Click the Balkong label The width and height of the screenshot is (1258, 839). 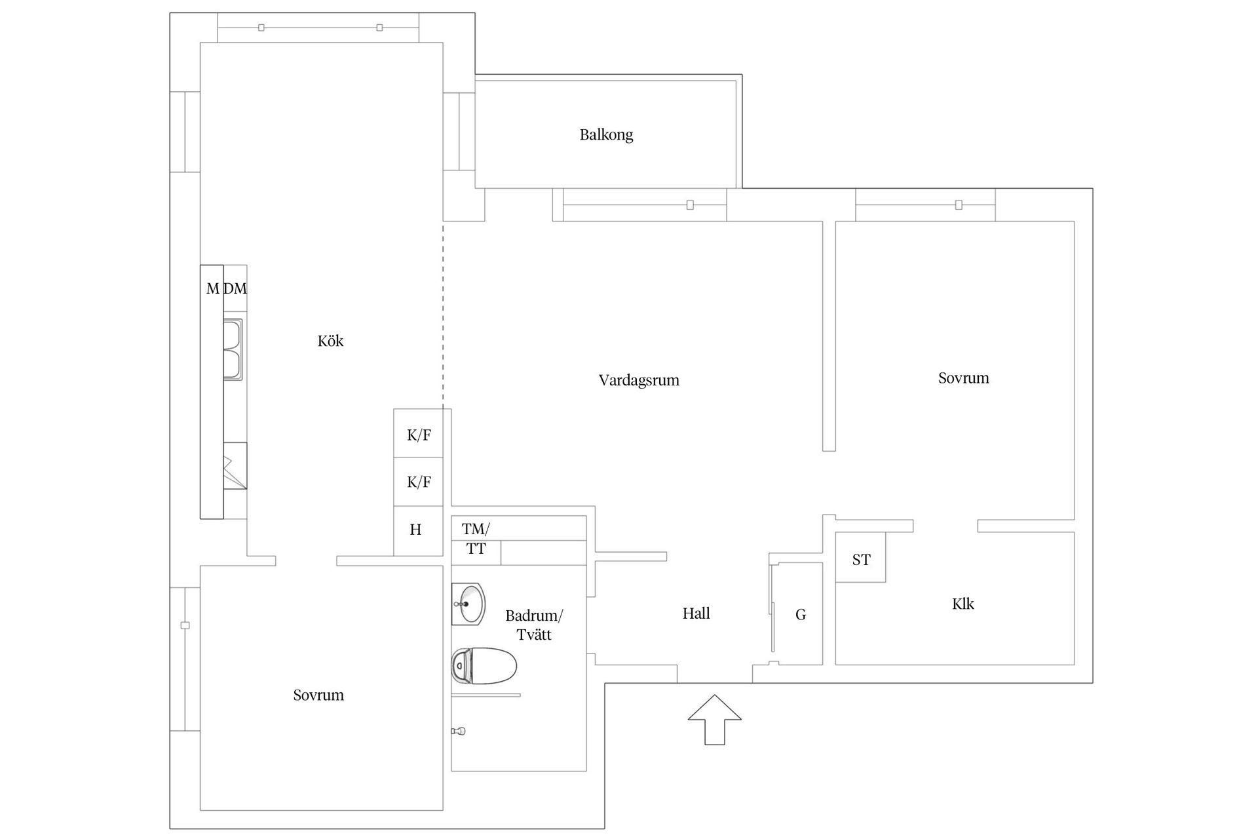[606, 135]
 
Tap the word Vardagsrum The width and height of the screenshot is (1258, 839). [639, 380]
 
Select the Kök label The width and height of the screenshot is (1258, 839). [330, 341]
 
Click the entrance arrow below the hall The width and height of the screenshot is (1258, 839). [714, 719]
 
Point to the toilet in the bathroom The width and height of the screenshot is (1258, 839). [485, 665]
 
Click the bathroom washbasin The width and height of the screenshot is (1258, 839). [469, 604]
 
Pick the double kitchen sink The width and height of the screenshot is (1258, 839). [233, 349]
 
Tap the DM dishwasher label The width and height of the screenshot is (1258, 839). [235, 288]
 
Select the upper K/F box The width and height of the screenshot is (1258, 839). [419, 435]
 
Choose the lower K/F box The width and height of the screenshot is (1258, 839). [419, 482]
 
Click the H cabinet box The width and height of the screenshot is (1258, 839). [416, 530]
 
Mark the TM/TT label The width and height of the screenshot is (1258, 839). [476, 538]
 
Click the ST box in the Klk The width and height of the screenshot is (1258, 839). [861, 559]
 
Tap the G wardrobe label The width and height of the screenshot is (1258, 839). [800, 614]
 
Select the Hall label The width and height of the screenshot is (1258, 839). [696, 614]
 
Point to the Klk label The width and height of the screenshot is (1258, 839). [963, 604]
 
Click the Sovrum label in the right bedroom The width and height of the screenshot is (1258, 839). [963, 378]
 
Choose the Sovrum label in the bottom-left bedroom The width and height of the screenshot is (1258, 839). [318, 695]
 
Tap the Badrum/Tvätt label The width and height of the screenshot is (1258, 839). [534, 625]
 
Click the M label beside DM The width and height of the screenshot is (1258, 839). [212, 288]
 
